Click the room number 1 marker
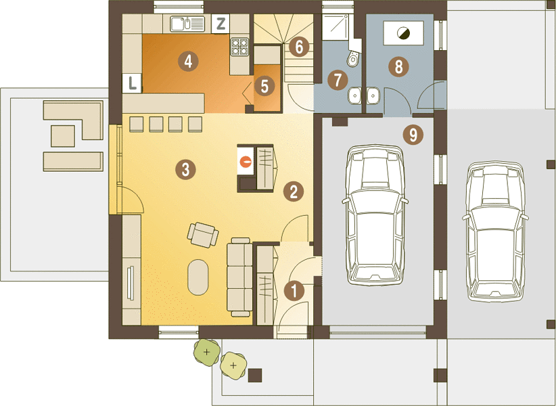coord(294,291)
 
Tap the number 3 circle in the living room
coord(185,169)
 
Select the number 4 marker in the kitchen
coord(188,62)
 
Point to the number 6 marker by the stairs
coord(299,47)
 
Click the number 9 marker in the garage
coord(413,135)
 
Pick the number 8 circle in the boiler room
coord(398,67)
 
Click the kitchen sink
coord(187,24)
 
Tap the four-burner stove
coord(240,47)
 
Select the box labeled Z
coord(221,24)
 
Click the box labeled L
coord(132,83)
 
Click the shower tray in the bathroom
coord(335,27)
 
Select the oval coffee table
coord(198,277)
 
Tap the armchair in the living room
coord(203,235)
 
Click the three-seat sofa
coord(240,277)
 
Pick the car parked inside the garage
coord(375,215)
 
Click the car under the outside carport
coord(495,231)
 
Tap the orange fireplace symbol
coord(246,162)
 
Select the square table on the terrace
coord(63,136)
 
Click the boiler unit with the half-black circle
coord(404,33)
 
